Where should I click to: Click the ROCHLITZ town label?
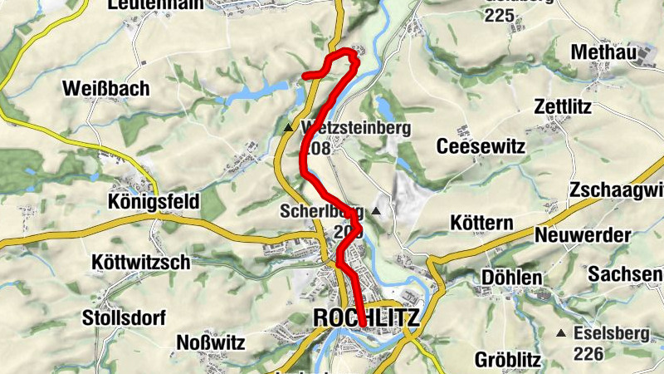tap(367, 318)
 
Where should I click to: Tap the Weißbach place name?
tap(105, 89)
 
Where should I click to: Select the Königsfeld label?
tap(154, 202)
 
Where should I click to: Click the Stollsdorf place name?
tap(124, 317)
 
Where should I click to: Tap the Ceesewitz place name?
tap(482, 146)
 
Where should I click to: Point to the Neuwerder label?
tap(583, 235)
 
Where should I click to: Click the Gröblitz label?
tap(508, 361)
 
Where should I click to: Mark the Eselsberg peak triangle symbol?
tap(562, 333)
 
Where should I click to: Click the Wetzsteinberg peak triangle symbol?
tap(288, 128)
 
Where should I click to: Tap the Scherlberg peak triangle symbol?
tap(376, 211)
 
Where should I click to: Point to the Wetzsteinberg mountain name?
tap(357, 129)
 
